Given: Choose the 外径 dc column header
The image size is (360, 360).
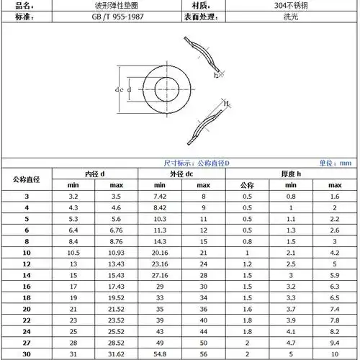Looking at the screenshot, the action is click(181, 174).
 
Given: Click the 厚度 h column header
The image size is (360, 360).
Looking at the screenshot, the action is click(291, 174).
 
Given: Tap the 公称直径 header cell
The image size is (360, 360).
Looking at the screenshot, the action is click(27, 179).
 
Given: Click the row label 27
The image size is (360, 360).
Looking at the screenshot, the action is click(27, 343).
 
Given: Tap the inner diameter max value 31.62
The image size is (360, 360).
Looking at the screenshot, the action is click(116, 354).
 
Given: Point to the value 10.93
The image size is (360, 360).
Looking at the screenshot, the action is click(116, 253).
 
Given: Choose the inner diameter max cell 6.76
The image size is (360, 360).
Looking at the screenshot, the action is click(116, 230).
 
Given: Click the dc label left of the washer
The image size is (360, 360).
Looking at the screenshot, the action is click(119, 90).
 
